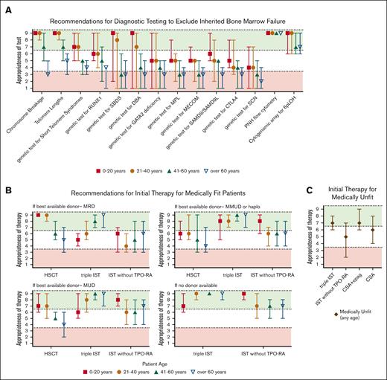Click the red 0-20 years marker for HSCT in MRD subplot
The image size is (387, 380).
click(37, 215)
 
